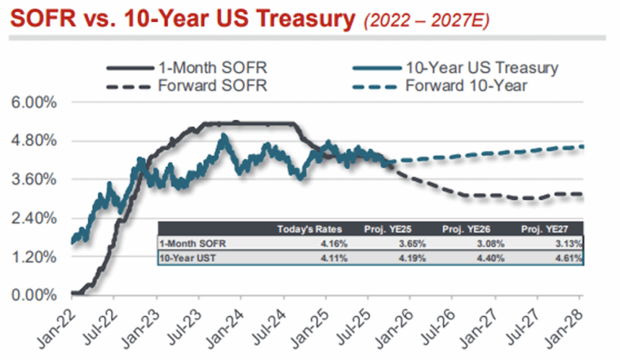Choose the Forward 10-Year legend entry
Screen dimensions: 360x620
(x=466, y=86)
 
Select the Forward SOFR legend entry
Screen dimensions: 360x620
(x=212, y=86)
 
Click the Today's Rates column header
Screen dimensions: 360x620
(x=309, y=229)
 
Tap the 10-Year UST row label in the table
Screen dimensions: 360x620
(x=183, y=258)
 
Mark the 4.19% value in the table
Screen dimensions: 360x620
(x=412, y=258)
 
